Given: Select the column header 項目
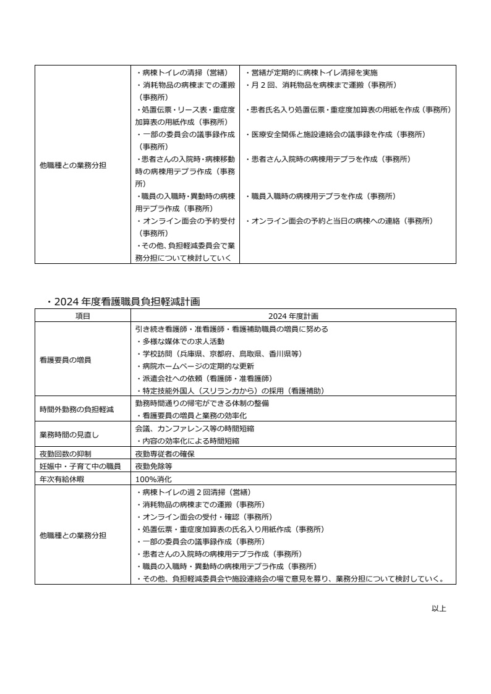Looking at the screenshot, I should point(82,316).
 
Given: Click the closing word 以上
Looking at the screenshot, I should point(438,609).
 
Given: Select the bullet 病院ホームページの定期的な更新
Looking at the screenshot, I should point(198,366).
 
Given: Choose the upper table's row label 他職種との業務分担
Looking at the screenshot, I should point(73,165).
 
